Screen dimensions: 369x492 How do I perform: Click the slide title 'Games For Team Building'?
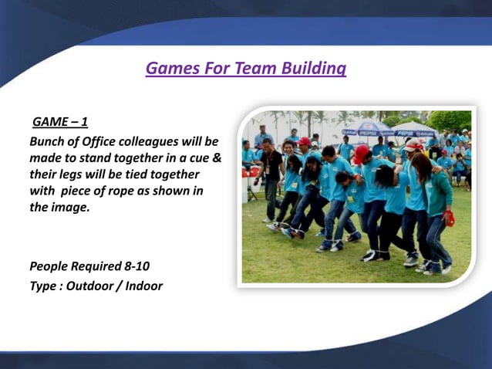pos(245,69)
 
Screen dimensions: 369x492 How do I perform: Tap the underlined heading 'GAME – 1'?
pos(59,123)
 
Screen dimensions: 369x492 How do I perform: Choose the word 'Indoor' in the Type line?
pos(144,286)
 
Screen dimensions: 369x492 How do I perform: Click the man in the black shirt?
pos(271,174)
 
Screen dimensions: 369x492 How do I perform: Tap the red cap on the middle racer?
pos(361,152)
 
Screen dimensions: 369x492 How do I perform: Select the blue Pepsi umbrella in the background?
pos(369,129)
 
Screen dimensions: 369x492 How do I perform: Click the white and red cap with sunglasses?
pos(414,145)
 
